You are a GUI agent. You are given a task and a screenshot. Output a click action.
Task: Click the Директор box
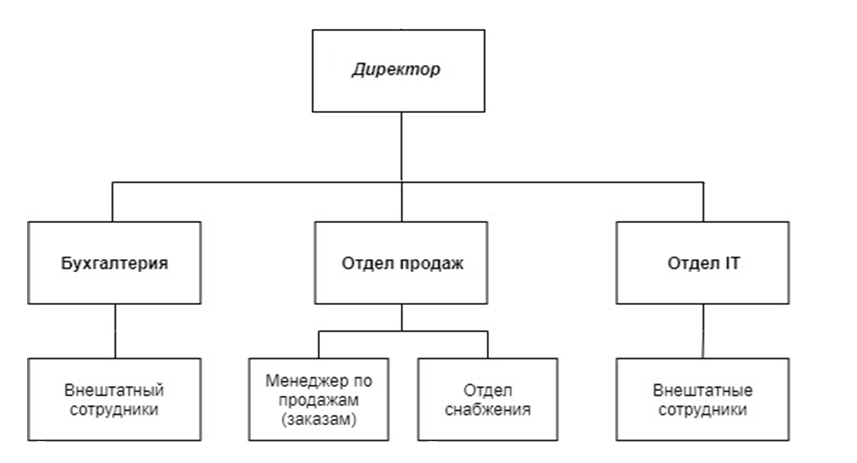(x=398, y=71)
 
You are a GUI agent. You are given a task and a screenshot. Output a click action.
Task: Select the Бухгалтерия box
(x=114, y=263)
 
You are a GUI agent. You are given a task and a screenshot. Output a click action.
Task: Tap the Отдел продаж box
(x=401, y=263)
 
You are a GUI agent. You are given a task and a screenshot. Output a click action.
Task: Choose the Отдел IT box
(x=703, y=263)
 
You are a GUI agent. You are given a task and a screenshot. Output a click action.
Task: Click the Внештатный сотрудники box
(x=114, y=399)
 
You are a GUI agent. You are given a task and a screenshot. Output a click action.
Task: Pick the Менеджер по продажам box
(x=319, y=399)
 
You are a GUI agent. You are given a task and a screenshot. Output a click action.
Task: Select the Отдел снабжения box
(x=488, y=399)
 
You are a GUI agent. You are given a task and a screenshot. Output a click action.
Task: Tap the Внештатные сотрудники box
(x=703, y=399)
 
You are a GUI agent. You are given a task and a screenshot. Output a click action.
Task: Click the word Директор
(x=396, y=70)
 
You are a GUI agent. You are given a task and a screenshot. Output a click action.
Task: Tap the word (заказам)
(x=319, y=419)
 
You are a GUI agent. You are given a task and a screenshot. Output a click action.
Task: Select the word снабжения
(x=488, y=409)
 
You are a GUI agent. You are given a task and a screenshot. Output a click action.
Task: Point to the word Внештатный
(x=114, y=390)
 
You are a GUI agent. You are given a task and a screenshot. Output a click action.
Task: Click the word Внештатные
(x=703, y=390)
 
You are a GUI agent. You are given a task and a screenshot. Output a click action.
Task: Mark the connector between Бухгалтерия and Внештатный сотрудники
(x=115, y=331)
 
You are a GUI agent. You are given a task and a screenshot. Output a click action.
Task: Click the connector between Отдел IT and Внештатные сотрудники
(x=703, y=331)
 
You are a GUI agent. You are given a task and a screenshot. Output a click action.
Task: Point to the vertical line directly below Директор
(x=401, y=147)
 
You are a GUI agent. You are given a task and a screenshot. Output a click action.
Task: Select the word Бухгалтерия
(x=114, y=263)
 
